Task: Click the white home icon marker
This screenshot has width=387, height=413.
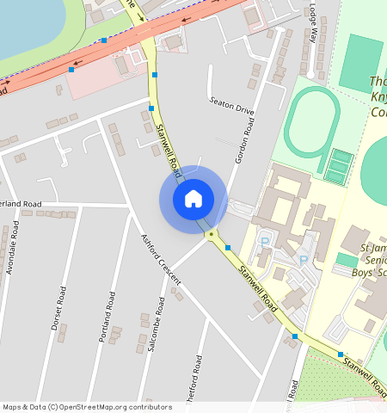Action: pyautogui.click(x=193, y=199)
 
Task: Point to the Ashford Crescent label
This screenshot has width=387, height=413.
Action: pyautogui.click(x=161, y=259)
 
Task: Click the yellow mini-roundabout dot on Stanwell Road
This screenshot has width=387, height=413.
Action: pyautogui.click(x=211, y=233)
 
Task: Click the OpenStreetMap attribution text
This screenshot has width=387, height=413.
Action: pyautogui.click(x=87, y=407)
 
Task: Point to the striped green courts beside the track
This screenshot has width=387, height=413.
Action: pyautogui.click(x=340, y=165)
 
